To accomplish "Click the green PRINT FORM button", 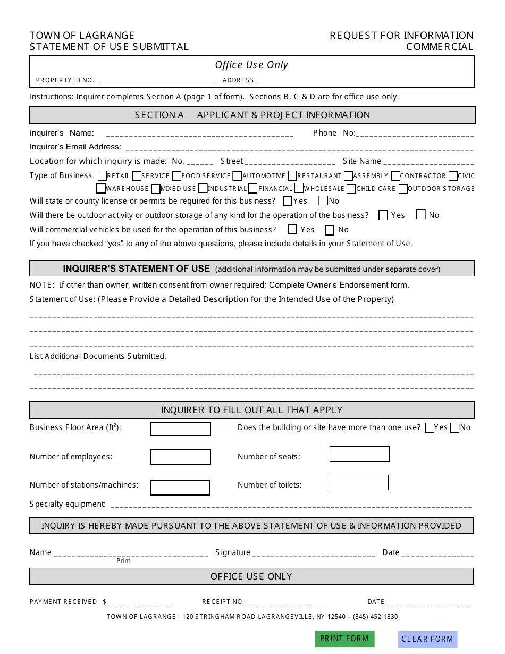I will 344,639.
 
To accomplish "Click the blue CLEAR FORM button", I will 427,639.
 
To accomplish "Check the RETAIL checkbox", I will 103,175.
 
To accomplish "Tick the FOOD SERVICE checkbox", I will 177,175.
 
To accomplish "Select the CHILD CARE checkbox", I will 351,188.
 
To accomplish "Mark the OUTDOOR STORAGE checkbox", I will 403,188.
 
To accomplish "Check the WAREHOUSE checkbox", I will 101,188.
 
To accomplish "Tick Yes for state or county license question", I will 288,201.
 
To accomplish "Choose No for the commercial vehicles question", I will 330,230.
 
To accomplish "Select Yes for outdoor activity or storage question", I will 383,215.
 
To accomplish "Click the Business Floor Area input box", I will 181,429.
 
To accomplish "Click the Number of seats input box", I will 359,454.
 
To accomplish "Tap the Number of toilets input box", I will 358,483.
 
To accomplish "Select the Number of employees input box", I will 181,457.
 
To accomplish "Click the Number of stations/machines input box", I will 180,488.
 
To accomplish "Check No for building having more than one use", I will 454,428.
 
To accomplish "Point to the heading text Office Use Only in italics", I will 251,65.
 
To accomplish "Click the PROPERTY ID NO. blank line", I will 156,81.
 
